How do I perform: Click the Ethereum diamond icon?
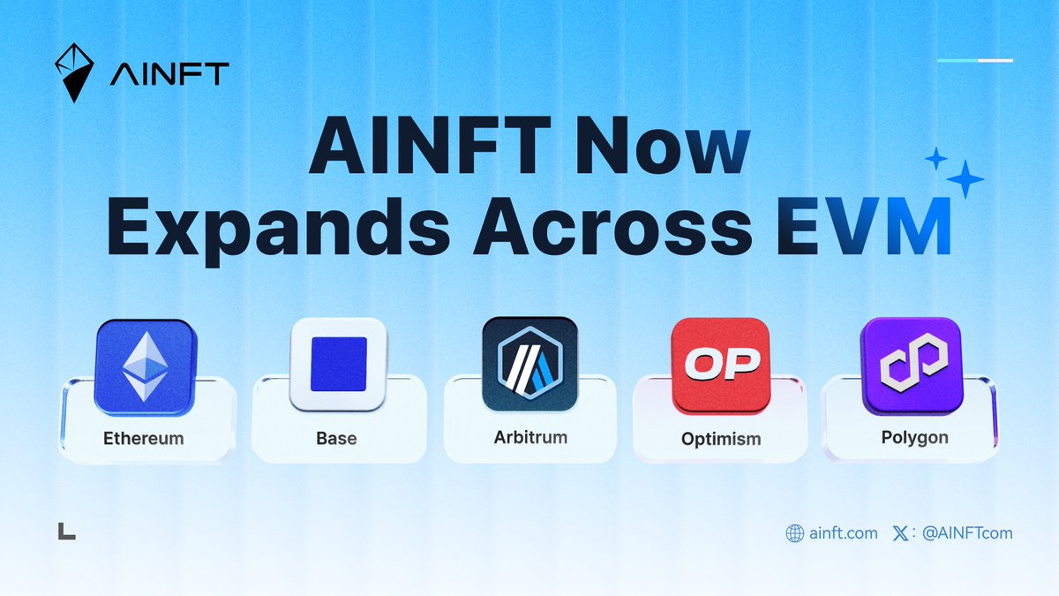[145, 367]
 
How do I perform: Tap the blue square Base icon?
[339, 364]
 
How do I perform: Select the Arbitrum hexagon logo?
[530, 364]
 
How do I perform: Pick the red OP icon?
[721, 366]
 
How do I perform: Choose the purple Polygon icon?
[913, 366]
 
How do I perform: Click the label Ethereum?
[144, 439]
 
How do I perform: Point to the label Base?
[336, 439]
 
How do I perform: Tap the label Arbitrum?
[530, 438]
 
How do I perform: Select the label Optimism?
[721, 440]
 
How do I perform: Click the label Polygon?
[915, 438]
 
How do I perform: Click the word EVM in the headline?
[863, 227]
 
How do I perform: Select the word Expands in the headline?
[279, 231]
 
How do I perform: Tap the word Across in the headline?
[612, 227]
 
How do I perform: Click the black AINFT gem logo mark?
[74, 72]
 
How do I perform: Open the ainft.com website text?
[844, 533]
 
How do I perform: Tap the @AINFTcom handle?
[967, 533]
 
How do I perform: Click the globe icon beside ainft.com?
[795, 533]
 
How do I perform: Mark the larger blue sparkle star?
[965, 179]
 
